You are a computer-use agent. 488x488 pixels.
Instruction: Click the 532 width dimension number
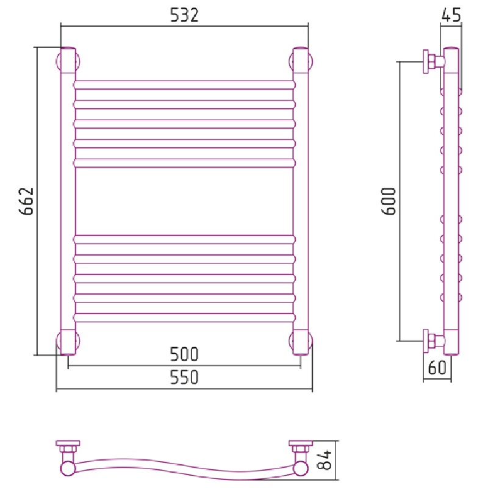point(184,15)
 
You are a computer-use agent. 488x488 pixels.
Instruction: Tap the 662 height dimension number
point(26,201)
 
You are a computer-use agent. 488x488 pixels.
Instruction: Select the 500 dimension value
point(184,354)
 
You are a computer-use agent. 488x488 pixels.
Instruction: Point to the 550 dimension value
point(184,377)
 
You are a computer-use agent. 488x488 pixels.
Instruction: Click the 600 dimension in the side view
point(389,201)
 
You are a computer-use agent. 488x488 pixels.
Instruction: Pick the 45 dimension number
point(451,15)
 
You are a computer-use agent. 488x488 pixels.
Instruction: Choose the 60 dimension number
point(437,367)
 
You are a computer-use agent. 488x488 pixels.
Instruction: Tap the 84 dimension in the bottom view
point(325,460)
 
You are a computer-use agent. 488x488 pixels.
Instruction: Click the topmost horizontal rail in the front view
point(184,85)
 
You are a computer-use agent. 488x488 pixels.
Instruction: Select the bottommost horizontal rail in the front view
point(184,317)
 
